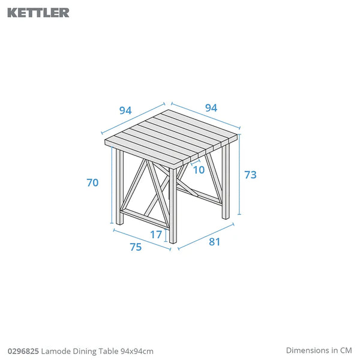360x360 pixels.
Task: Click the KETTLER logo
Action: [38, 13]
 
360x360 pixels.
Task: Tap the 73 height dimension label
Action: [250, 175]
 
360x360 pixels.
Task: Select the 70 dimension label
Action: [92, 182]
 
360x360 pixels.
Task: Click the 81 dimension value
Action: [214, 242]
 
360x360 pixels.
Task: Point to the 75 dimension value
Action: [136, 247]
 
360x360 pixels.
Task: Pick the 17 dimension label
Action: [156, 235]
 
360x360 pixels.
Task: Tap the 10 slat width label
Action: [199, 170]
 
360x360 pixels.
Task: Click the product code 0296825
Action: [23, 351]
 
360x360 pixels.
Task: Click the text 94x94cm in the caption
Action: [137, 351]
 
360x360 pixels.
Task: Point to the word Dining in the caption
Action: [85, 351]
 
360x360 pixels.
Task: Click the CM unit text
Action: [346, 350]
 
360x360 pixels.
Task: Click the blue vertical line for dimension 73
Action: [239, 175]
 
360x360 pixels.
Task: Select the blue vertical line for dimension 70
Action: [112, 185]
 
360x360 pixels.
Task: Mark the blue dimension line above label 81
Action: [206, 236]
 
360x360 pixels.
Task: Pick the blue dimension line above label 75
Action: [142, 239]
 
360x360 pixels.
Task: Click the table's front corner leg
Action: [173, 206]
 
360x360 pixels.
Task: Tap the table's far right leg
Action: [226, 182]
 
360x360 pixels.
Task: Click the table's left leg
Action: [119, 187]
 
